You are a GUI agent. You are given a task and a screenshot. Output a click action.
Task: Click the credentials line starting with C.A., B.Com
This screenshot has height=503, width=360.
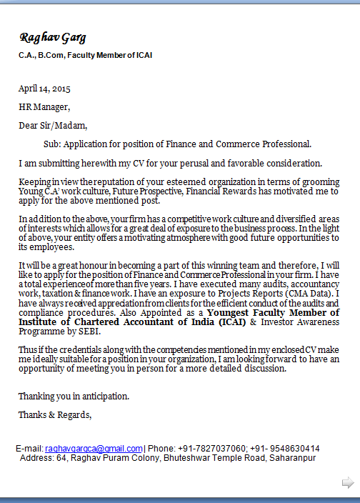[x=85, y=55]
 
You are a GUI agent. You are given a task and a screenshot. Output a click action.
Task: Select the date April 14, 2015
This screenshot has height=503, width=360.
[x=44, y=89]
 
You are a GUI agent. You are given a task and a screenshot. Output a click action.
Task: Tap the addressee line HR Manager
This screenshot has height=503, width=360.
[x=44, y=107]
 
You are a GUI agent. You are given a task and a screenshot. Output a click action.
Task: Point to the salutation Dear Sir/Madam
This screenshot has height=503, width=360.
[x=53, y=125]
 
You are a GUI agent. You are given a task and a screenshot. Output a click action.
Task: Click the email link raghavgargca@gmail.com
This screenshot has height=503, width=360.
[x=94, y=448]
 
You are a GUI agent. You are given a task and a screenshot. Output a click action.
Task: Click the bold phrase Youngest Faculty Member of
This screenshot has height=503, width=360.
[x=274, y=313]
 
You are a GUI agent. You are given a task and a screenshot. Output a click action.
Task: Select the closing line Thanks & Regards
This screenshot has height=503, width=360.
[x=55, y=414]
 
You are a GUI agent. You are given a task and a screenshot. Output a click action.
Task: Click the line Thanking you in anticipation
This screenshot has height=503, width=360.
[x=74, y=396]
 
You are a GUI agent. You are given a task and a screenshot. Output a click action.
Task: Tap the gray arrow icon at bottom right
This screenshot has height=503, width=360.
[x=348, y=483]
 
